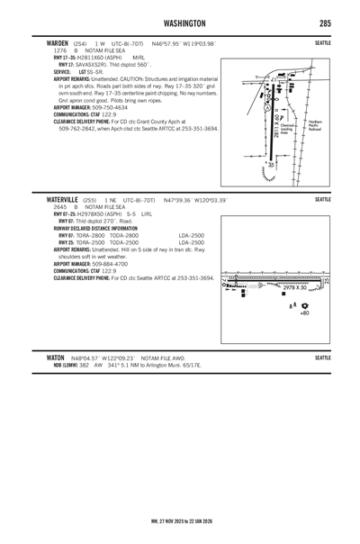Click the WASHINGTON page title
(179, 22)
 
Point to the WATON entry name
(43, 358)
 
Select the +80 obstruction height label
(304, 313)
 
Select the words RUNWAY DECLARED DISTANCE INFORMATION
(98, 229)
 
